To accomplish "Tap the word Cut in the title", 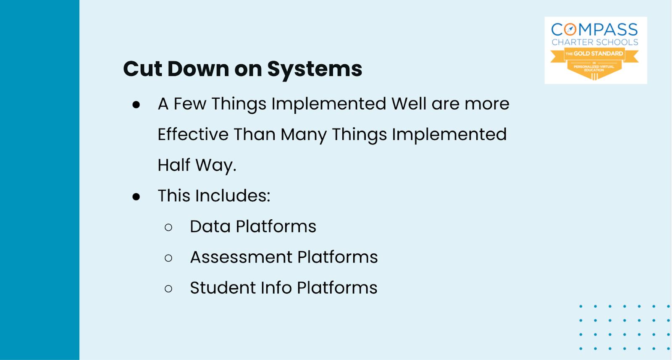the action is pos(142,69).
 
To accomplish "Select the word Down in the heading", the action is pos(198,69).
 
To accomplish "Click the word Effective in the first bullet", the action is pos(193,134).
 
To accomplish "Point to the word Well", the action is pos(409,103).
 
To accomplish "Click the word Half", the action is pos(174,165).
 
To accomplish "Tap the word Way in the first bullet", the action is pos(215,166).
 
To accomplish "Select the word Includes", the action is pos(233,196).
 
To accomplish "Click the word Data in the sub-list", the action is pos(210,226).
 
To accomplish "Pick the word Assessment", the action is pos(241,257).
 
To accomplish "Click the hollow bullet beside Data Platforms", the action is pos(168,227).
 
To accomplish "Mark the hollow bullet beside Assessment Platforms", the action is pos(168,258).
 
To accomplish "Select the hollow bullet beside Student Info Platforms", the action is pos(168,289).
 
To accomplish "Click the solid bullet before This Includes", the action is pos(136,197).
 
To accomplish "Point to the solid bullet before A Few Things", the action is pos(136,105).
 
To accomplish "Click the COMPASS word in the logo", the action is pos(595,30).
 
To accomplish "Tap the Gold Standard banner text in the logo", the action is pos(594,54).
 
